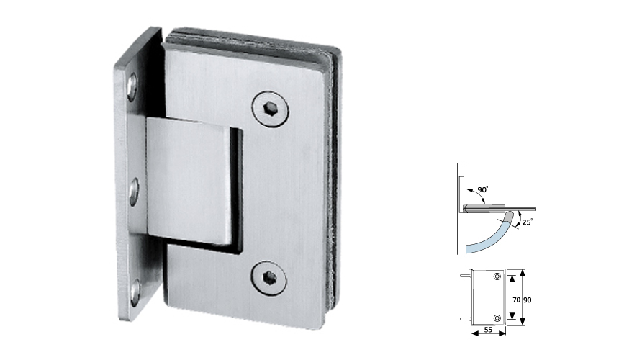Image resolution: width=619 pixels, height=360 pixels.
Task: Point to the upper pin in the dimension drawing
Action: click(x=464, y=274)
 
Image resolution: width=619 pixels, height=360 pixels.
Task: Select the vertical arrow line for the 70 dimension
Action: click(x=510, y=297)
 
